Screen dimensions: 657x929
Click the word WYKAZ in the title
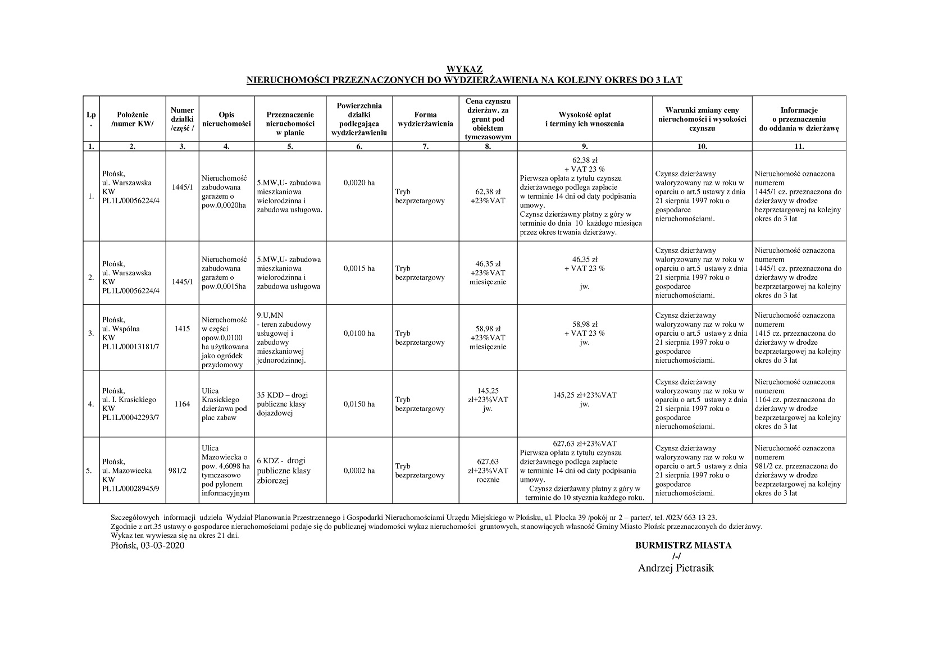[464, 70]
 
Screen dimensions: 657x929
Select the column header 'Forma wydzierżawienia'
[425, 119]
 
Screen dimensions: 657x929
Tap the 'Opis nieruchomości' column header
[226, 119]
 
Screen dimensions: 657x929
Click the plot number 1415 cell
[182, 329]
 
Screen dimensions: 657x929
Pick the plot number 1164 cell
[182, 404]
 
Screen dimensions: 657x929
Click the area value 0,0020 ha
[359, 182]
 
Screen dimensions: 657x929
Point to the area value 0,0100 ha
[359, 334]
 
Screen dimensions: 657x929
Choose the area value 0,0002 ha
[359, 471]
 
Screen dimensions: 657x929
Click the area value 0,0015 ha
[359, 268]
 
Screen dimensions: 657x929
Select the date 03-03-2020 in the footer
[162, 546]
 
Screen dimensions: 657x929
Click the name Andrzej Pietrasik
[676, 568]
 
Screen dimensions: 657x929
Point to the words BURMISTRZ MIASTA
[683, 545]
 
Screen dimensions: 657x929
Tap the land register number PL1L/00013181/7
[130, 347]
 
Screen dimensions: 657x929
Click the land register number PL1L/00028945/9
[130, 489]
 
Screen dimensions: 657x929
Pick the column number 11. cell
[799, 146]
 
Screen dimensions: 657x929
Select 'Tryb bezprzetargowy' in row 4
[420, 404]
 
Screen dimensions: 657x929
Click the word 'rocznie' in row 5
[488, 480]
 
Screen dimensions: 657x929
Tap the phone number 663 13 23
[700, 517]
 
